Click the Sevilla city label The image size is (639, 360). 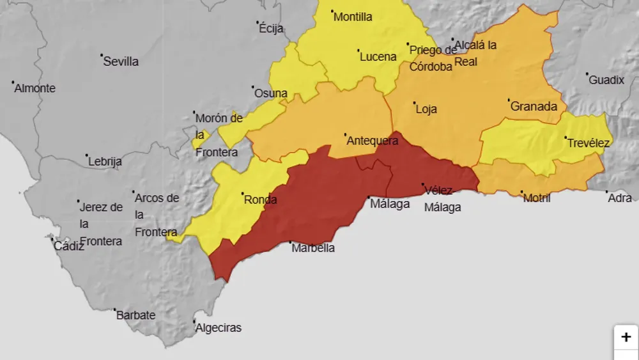tap(121, 62)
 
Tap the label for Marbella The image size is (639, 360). tap(313, 248)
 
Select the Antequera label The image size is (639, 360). tap(372, 141)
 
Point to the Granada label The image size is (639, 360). tap(534, 107)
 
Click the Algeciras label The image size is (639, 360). tap(219, 328)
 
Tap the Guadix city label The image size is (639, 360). tap(606, 81)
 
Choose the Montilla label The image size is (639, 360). tap(353, 17)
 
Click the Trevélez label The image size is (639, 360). tap(589, 143)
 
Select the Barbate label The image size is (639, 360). tap(135, 315)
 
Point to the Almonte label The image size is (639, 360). tap(35, 89)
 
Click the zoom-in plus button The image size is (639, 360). tap(626, 337)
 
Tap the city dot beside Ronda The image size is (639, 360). tap(242, 194)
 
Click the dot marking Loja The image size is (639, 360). tap(414, 103)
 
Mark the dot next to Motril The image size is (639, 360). tap(522, 192)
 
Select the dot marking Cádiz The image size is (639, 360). tap(52, 239)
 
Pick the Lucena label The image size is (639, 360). tap(378, 57)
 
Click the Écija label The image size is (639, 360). tap(271, 29)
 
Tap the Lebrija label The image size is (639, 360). tap(105, 162)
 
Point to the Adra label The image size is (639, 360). tap(620, 198)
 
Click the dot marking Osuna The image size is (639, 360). tap(253, 88)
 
